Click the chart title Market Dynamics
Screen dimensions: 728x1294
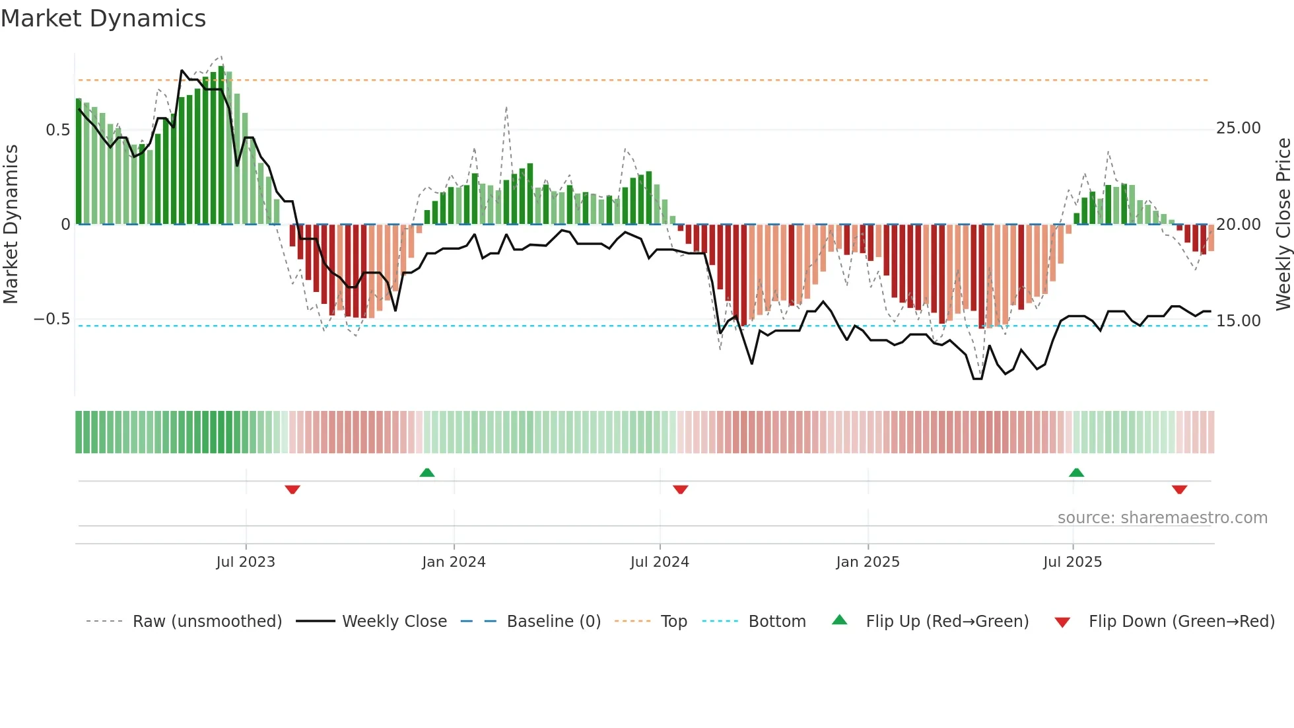point(103,18)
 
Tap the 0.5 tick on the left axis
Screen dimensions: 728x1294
point(57,130)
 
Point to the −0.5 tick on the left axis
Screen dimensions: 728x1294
point(51,320)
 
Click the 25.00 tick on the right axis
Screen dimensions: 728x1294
point(1238,128)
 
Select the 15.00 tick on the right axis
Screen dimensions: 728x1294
point(1238,321)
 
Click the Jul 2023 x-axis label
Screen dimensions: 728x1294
point(246,562)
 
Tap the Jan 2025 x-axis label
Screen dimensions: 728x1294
point(868,562)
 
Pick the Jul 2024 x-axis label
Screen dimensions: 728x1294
point(660,562)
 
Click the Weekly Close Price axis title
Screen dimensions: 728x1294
point(1283,225)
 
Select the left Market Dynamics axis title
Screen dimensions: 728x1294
point(11,225)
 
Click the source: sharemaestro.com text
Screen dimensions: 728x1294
point(1162,518)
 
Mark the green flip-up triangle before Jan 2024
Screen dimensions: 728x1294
point(427,473)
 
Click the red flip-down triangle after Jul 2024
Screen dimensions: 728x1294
point(681,490)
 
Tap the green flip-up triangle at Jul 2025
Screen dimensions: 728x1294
point(1076,473)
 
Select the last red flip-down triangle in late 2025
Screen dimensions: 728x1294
point(1180,490)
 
